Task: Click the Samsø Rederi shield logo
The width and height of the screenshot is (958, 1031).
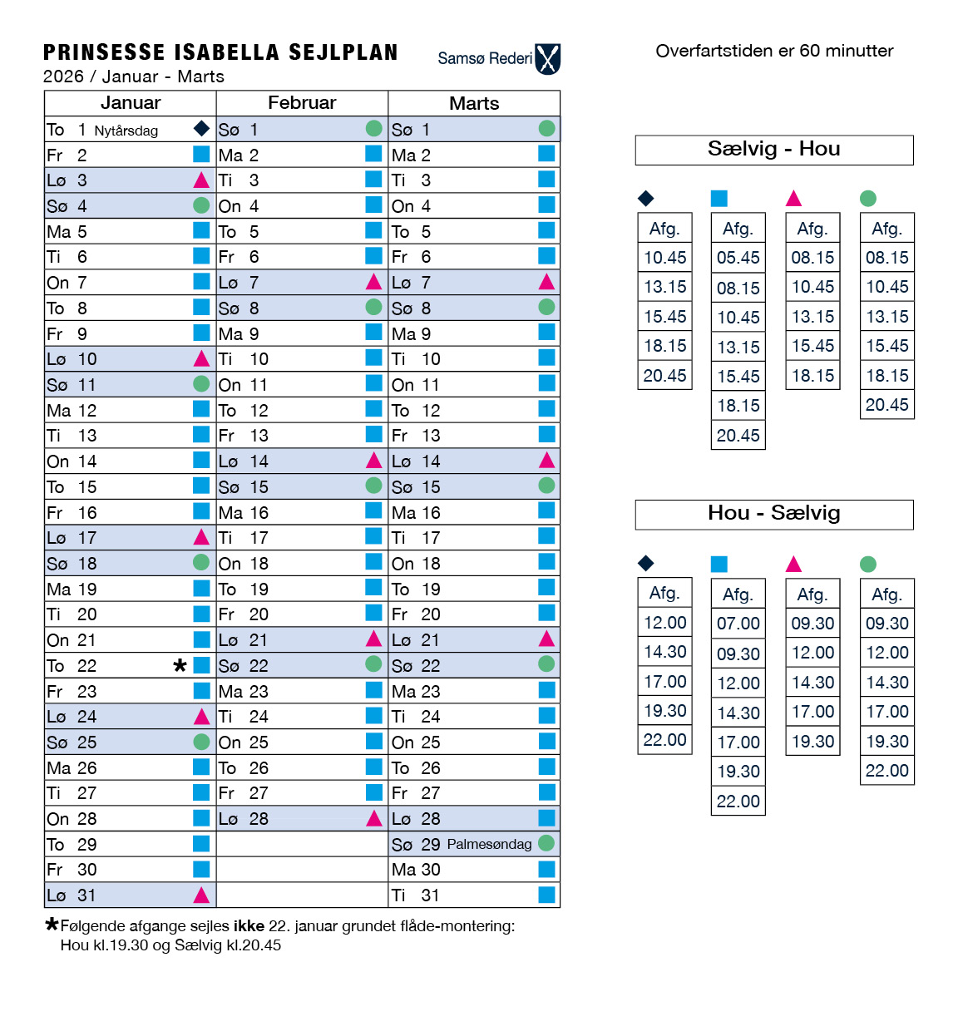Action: pos(548,59)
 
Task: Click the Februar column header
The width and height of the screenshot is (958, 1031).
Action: pos(302,103)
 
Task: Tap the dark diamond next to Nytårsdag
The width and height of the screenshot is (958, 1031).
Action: pos(201,128)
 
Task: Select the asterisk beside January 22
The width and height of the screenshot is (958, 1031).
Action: pos(180,665)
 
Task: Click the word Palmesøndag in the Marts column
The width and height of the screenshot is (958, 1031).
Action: pos(489,844)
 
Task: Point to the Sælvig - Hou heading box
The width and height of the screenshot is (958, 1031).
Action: pos(773,150)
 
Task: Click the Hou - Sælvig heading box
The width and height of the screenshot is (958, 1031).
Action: pos(773,514)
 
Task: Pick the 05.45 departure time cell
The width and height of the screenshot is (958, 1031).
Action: pos(738,258)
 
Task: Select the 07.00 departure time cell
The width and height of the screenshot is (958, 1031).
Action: pos(738,624)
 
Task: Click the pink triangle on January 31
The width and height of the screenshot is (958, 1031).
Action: pos(201,895)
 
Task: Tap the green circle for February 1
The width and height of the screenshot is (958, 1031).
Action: pos(374,128)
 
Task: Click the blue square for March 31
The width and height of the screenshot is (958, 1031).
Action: pos(546,895)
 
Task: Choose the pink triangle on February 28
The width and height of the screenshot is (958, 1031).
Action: pos(374,818)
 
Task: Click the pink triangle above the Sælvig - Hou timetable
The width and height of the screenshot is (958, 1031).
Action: pos(793,198)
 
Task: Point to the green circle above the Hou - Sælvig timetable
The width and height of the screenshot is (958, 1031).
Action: pos(868,564)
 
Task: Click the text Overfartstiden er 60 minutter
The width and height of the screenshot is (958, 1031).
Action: pos(773,51)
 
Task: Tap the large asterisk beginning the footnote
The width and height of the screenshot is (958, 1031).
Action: pos(52,924)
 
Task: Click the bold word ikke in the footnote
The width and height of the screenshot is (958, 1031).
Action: pos(249,925)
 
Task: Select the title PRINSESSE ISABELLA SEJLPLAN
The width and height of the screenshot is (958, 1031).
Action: pos(220,52)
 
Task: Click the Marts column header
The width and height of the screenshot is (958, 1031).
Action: pos(474,103)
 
